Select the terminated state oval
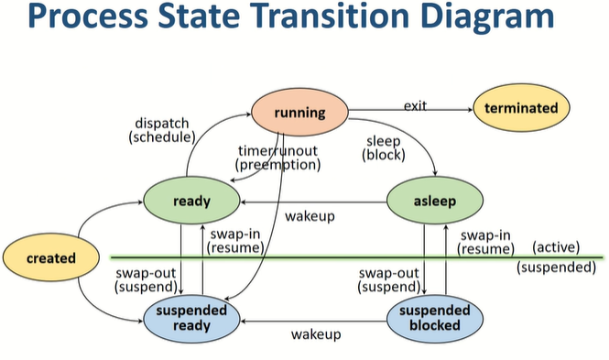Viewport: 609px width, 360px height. click(521, 108)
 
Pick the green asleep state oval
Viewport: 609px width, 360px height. click(434, 201)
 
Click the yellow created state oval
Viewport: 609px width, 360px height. click(50, 258)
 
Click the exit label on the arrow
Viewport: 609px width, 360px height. click(415, 106)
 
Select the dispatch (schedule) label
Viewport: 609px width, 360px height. click(163, 129)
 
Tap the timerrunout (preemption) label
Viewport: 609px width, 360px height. click(277, 158)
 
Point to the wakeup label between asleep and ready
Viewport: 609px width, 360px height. click(310, 216)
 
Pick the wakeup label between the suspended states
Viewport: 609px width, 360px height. click(316, 334)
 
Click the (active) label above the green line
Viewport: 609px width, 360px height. click(558, 246)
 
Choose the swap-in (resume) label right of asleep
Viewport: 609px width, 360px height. click(486, 242)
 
